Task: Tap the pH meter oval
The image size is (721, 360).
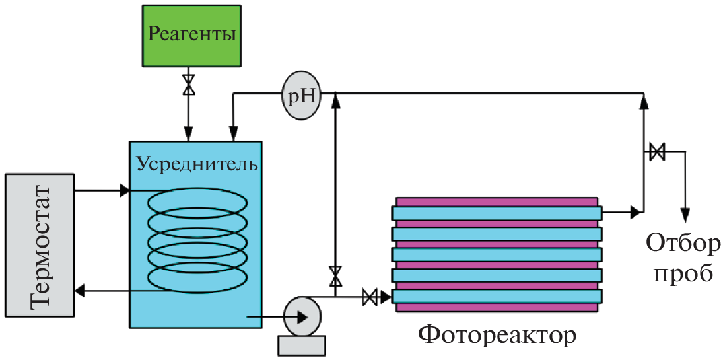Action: click(301, 96)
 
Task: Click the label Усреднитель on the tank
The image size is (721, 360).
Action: click(197, 162)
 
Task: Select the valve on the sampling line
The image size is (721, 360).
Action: click(657, 152)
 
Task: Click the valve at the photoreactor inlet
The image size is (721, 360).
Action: click(370, 297)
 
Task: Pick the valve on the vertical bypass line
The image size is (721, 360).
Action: click(336, 275)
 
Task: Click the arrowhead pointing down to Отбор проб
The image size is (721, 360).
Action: click(686, 215)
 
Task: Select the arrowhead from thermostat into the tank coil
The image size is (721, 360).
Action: click(124, 191)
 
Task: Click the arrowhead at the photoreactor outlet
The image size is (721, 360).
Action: click(635, 212)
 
